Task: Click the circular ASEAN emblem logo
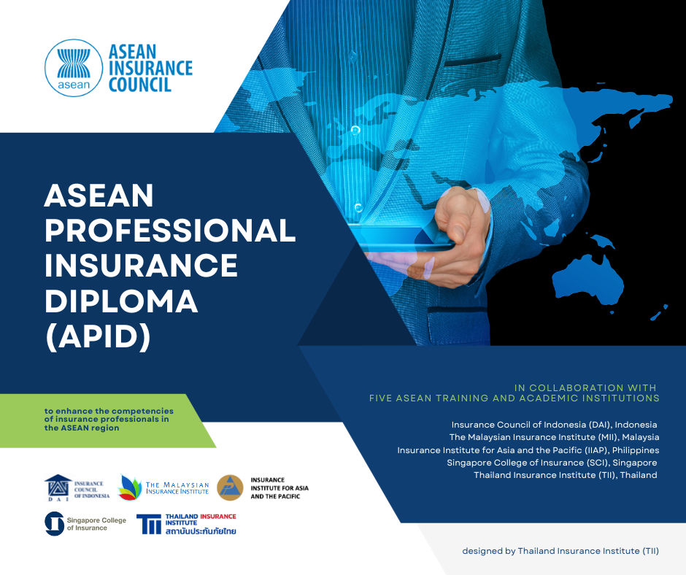[73, 68]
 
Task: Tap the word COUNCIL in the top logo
[139, 85]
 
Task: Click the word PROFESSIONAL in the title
[170, 231]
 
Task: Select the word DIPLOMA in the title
[121, 300]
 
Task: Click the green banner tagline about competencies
[107, 420]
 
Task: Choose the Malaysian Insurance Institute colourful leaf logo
[131, 487]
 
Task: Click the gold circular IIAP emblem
[230, 487]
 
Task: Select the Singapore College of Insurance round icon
[55, 522]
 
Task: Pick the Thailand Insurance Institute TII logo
[151, 524]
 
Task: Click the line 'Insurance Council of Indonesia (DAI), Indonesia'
[554, 425]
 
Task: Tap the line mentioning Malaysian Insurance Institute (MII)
[554, 437]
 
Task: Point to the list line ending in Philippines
[528, 450]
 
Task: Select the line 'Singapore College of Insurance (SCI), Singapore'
[552, 463]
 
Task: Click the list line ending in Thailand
[565, 475]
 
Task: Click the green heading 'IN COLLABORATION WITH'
[585, 387]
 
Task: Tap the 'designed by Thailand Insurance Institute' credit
[560, 551]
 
